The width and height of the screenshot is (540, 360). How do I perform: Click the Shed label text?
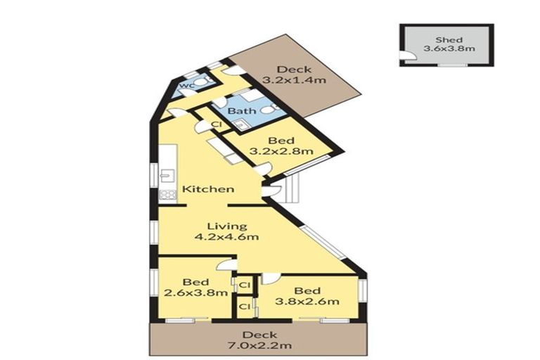(448, 39)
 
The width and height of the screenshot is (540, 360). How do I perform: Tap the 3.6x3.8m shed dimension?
(448, 49)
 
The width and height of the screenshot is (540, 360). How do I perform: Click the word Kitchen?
(207, 189)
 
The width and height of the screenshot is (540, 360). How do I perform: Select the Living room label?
(226, 226)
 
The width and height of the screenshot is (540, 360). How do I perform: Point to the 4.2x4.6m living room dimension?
(226, 237)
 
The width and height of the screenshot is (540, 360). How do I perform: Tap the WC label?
(186, 86)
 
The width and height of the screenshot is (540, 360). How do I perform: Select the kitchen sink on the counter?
(166, 176)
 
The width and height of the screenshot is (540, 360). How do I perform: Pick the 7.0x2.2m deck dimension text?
(259, 346)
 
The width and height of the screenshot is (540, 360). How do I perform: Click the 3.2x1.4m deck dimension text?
(294, 80)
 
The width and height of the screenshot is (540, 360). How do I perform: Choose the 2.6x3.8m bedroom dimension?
(195, 292)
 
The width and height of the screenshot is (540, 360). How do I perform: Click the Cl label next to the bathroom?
(217, 124)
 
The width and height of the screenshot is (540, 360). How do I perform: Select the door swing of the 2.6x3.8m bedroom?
(224, 265)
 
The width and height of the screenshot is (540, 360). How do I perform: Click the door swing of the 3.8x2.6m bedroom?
(270, 278)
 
